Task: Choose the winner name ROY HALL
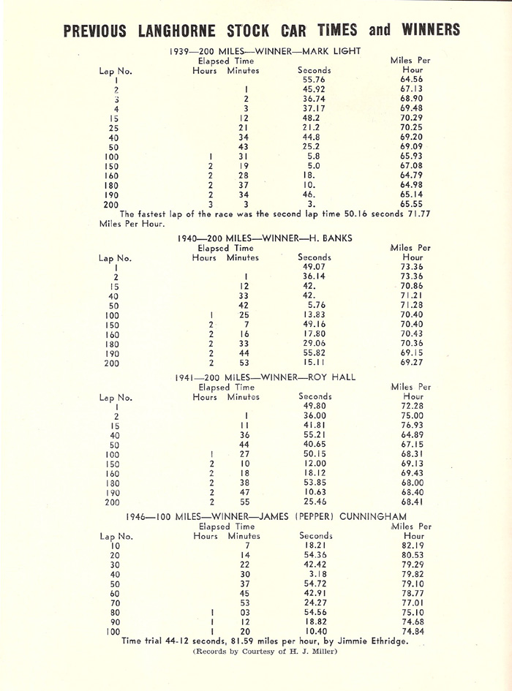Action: (332, 377)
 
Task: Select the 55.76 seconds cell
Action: (314, 79)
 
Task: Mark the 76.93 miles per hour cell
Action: (412, 425)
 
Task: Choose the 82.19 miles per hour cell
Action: (411, 545)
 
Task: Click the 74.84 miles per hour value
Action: (411, 631)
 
